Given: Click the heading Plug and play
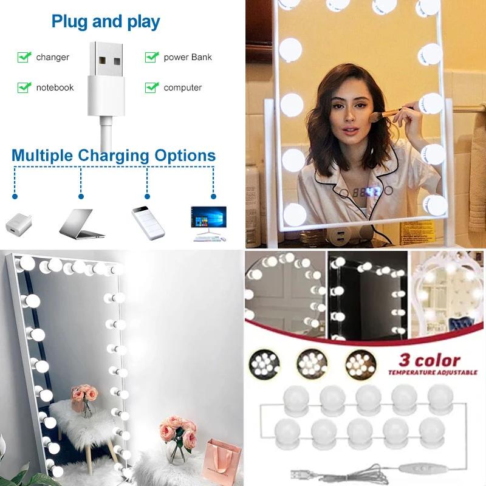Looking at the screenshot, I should point(106,22).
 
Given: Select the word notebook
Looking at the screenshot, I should point(55,87).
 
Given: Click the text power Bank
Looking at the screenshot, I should point(188,57).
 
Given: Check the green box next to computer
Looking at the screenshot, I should point(151,87).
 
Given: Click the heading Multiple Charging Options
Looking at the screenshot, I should point(114,156).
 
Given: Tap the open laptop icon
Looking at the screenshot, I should point(81,223).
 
